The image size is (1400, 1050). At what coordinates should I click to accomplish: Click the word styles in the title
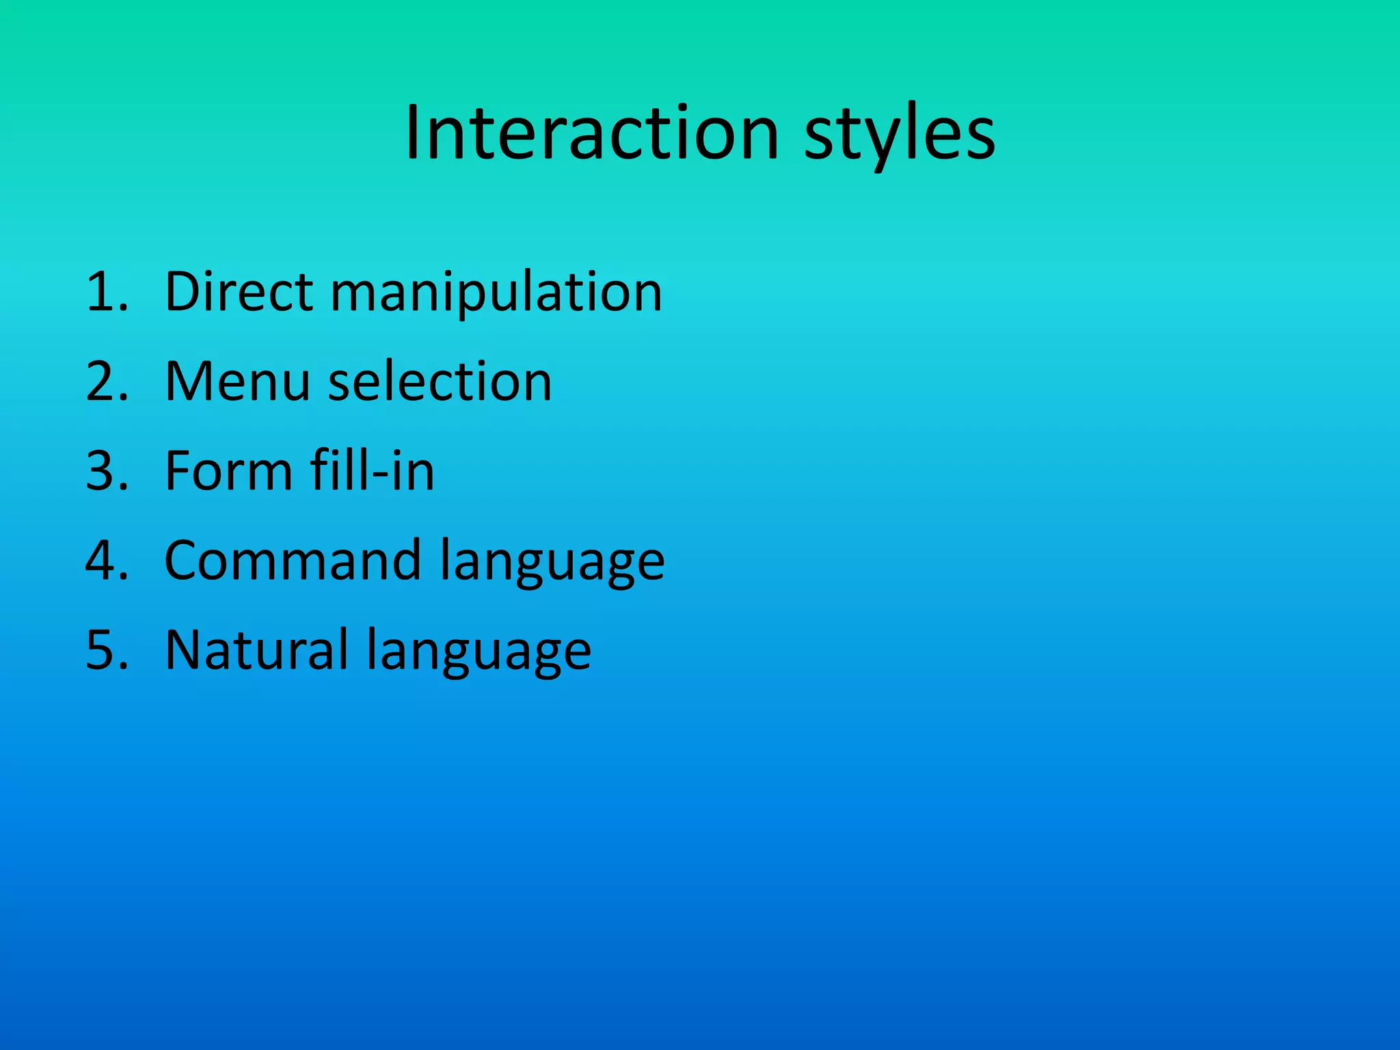click(900, 135)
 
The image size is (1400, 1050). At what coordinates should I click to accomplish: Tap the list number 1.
click(106, 292)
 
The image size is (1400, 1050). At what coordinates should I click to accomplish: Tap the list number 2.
click(106, 381)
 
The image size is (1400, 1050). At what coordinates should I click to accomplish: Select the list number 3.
click(106, 471)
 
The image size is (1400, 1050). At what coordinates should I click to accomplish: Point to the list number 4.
click(106, 561)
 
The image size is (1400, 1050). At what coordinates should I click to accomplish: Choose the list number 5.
click(106, 650)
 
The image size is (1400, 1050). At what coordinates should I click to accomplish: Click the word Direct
click(239, 292)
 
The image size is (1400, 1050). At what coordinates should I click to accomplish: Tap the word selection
click(440, 381)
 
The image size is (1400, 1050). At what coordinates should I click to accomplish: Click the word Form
click(228, 471)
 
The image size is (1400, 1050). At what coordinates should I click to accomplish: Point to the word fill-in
click(372, 471)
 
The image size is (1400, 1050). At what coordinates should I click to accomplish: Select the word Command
click(292, 561)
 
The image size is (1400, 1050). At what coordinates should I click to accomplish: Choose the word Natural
click(256, 650)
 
